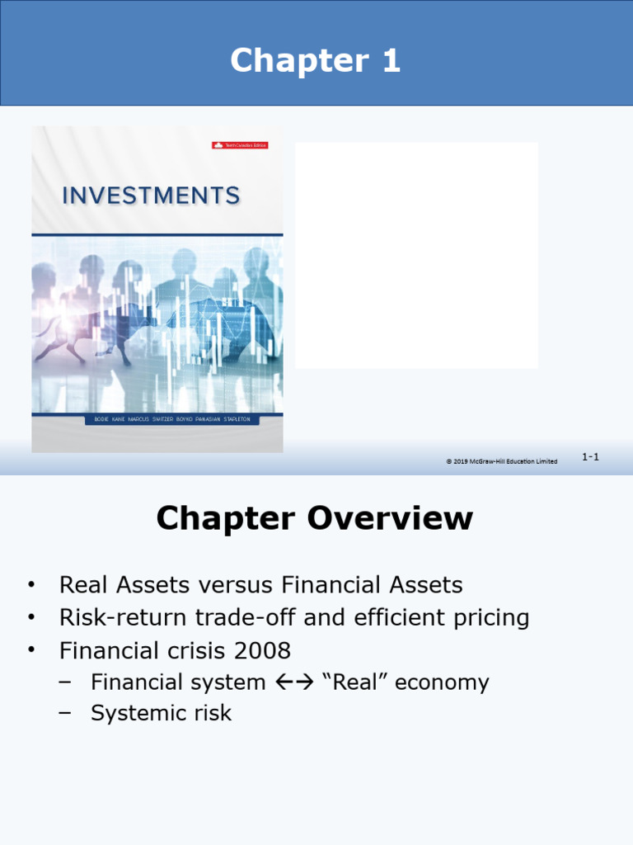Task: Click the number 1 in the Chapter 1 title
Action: (x=390, y=61)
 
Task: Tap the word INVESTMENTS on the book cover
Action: (x=152, y=196)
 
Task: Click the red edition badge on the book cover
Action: (x=240, y=145)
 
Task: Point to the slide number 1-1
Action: (x=590, y=456)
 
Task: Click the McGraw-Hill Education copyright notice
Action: (x=501, y=461)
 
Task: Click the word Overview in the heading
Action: (x=390, y=519)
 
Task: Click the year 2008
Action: (x=262, y=650)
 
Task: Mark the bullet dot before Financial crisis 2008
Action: (x=31, y=649)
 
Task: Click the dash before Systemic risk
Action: (x=65, y=713)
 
